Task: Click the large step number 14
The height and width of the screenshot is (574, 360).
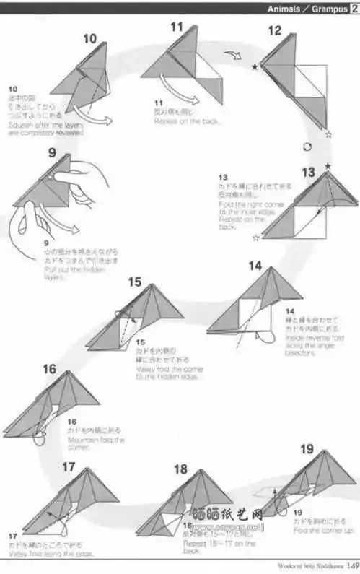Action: (254, 266)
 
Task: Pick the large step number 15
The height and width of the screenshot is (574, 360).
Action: (135, 282)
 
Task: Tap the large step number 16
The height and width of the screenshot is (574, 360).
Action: (49, 370)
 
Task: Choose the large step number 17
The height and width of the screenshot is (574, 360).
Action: (69, 467)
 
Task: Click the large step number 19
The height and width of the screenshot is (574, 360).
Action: (307, 450)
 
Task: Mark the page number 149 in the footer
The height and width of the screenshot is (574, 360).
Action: (352, 566)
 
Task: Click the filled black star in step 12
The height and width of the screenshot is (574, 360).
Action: (255, 67)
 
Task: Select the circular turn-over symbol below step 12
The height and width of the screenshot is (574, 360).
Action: (307, 147)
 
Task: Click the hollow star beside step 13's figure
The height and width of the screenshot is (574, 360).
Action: (255, 237)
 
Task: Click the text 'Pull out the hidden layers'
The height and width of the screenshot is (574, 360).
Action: (65, 273)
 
